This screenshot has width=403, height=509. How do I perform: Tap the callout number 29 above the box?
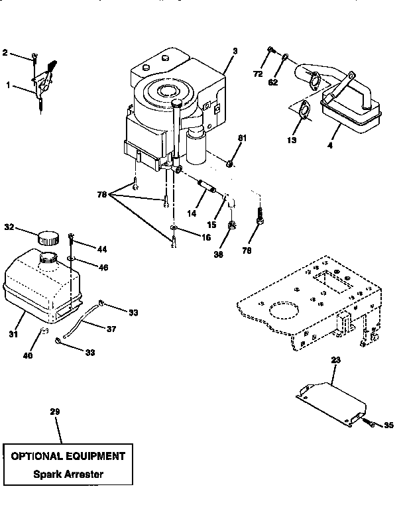55,412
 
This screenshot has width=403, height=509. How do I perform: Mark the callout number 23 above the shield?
335,360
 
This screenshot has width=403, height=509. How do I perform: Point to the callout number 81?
242,138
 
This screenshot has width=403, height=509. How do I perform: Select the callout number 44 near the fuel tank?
101,249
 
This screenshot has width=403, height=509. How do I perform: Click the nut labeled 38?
233,227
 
